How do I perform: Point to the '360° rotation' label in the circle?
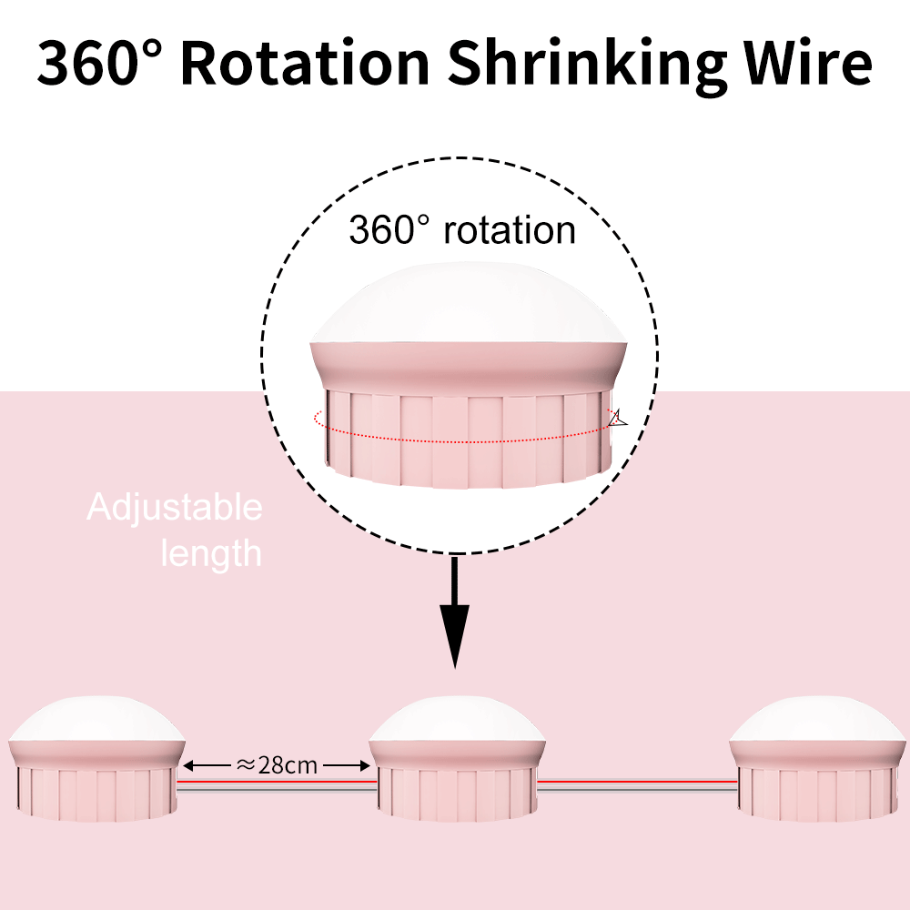[x=462, y=229]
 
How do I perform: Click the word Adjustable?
[x=175, y=508]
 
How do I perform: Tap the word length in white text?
[x=211, y=552]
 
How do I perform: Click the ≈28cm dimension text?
[x=277, y=765]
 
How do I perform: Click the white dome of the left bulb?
[x=97, y=720]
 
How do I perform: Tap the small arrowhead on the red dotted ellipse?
[x=619, y=418]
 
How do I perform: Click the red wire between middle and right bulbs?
[x=637, y=781]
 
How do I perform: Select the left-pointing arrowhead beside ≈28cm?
[x=191, y=765]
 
